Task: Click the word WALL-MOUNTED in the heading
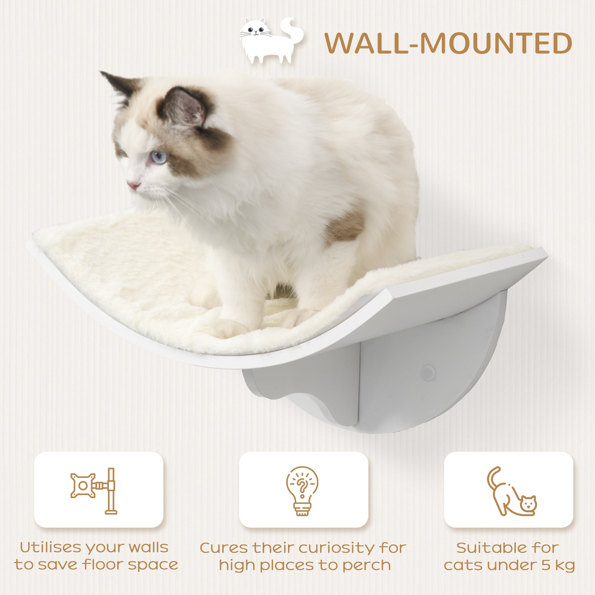tap(448, 44)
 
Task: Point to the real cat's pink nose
tap(133, 186)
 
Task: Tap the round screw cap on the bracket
tap(428, 373)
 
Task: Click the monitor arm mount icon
tap(94, 491)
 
